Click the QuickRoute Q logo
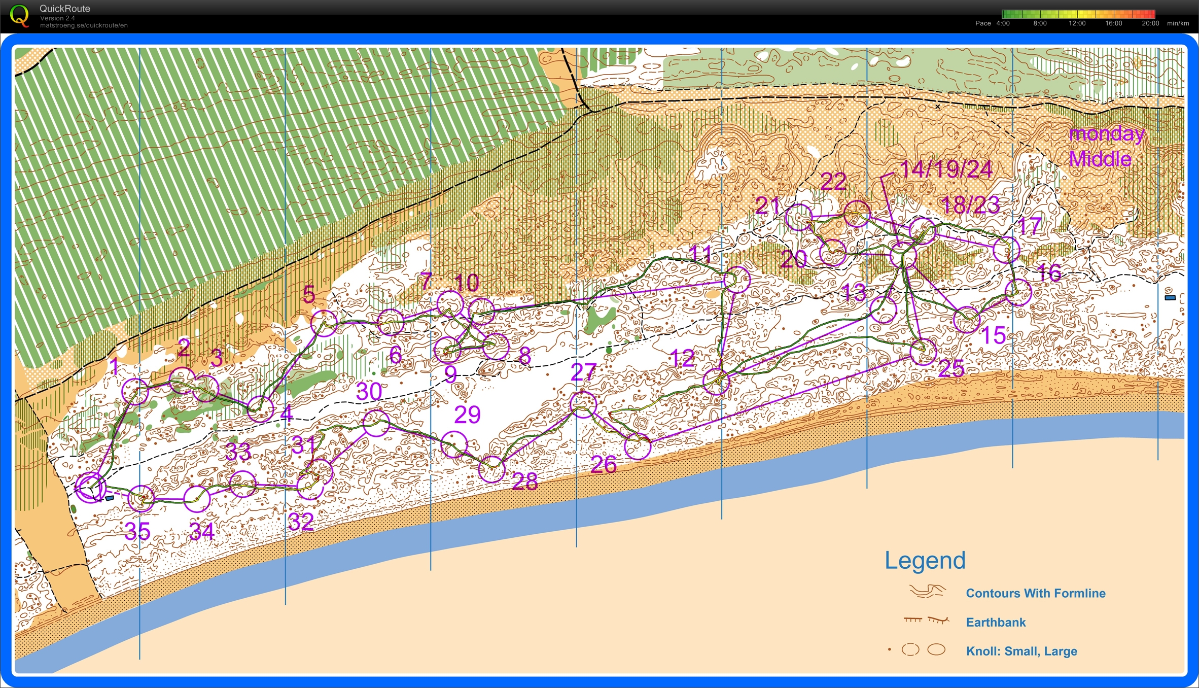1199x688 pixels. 19,15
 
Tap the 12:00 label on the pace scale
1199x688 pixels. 1077,23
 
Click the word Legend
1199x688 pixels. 925,561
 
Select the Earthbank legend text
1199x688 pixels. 995,622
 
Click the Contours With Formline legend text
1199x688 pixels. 1035,593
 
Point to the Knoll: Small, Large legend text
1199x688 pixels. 1021,651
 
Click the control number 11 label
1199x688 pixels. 701,253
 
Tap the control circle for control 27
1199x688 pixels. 583,404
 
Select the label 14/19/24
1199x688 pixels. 945,169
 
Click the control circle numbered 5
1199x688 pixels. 324,323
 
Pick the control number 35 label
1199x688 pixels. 137,531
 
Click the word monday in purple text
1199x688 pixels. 1106,134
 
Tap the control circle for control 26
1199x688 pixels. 638,446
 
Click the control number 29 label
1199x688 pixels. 467,415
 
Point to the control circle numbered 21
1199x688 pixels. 798,217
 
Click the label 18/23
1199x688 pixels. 970,205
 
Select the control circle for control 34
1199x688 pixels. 197,499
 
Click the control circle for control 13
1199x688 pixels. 883,310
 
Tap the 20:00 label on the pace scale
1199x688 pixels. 1150,23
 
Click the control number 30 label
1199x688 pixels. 369,392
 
